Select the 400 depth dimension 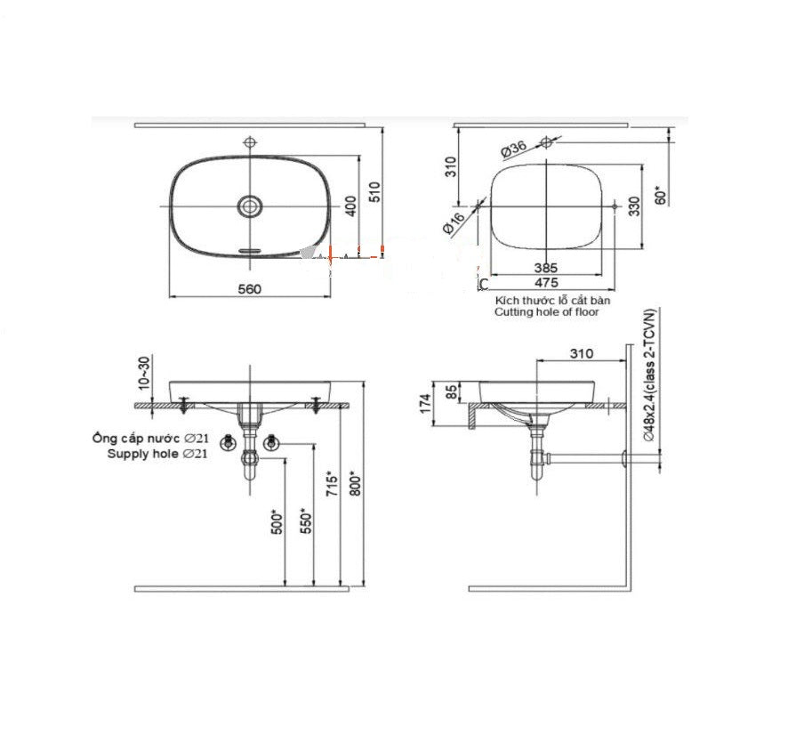click(350, 206)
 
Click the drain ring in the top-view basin click(250, 206)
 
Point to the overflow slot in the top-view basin click(250, 251)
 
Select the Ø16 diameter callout click(454, 223)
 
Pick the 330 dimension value click(633, 206)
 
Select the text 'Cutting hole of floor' click(548, 312)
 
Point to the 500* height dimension click(276, 521)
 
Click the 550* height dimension click(305, 518)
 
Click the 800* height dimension click(356, 483)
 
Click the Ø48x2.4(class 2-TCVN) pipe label click(650, 378)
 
